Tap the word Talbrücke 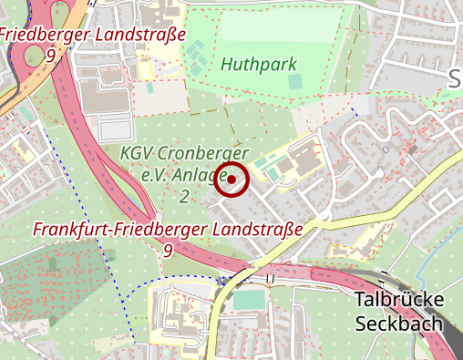398,302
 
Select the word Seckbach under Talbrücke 398,324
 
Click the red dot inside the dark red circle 231,180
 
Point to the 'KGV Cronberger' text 185,153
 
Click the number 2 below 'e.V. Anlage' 184,196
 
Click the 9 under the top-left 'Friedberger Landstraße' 49,56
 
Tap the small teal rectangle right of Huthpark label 294,81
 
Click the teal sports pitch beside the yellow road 246,300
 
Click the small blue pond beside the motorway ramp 136,202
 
